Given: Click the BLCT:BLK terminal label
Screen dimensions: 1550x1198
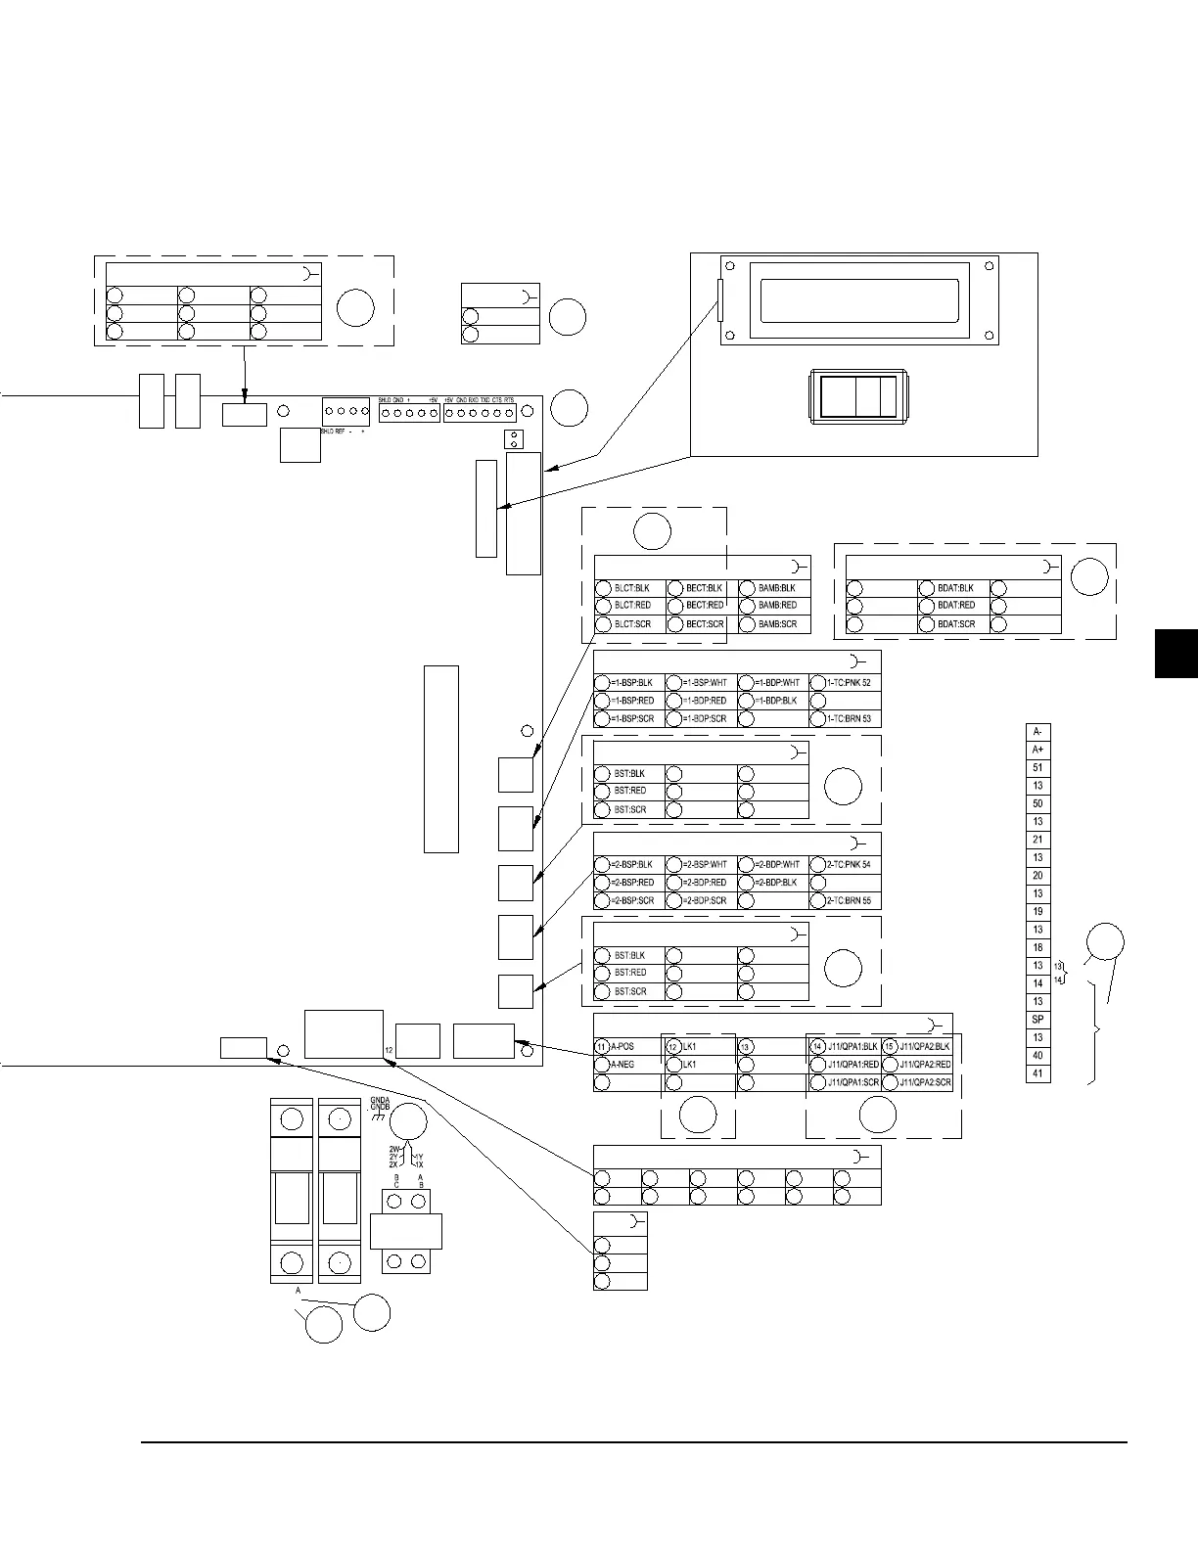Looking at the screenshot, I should pyautogui.click(x=631, y=588).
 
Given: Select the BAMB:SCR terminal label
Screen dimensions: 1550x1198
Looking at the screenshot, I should pyautogui.click(x=777, y=624).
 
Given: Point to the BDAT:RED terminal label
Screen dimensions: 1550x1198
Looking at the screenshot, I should pyautogui.click(x=955, y=606).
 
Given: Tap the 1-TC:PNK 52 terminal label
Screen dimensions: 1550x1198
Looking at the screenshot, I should pyautogui.click(x=849, y=682).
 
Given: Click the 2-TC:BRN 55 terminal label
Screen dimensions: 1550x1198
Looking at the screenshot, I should pyautogui.click(x=849, y=900).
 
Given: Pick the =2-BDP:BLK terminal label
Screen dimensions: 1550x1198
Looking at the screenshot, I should pyautogui.click(x=777, y=883).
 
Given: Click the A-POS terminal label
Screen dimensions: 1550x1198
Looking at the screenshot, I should pyautogui.click(x=622, y=1046).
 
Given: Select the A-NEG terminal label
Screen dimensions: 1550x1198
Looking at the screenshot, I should pyautogui.click(x=622, y=1064).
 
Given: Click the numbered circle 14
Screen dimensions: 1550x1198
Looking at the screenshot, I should pyautogui.click(x=817, y=1046).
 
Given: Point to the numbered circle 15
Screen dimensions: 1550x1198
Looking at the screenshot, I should pyautogui.click(x=890, y=1046).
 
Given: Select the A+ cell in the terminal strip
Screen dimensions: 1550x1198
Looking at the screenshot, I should pyautogui.click(x=1037, y=750).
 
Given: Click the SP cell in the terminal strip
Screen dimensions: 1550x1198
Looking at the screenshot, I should pyautogui.click(x=1037, y=1020).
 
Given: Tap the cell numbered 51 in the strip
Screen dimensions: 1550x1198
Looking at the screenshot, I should pyautogui.click(x=1037, y=768).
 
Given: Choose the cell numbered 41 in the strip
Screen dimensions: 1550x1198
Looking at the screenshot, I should pyautogui.click(x=1037, y=1073).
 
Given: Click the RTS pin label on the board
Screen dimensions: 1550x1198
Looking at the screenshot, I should pyautogui.click(x=509, y=400).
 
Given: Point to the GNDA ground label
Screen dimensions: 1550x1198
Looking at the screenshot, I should pyautogui.click(x=381, y=1100).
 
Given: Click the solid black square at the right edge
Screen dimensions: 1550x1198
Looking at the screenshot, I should pyautogui.click(x=1176, y=654).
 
